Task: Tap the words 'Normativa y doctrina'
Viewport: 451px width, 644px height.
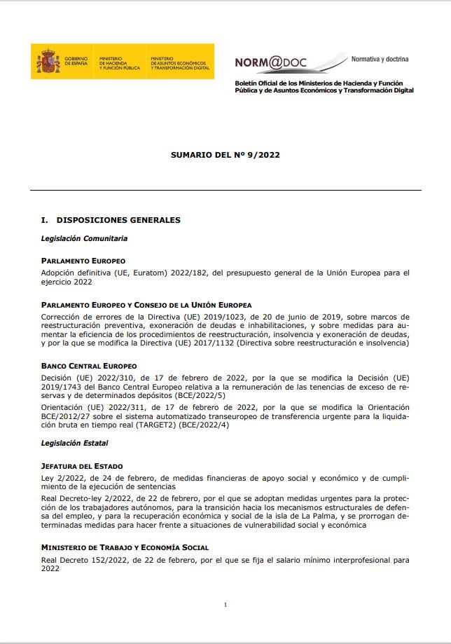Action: pos(380,59)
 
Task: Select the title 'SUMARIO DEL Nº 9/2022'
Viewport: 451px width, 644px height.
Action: pos(225,155)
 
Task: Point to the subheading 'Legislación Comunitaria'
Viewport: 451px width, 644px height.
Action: pos(84,238)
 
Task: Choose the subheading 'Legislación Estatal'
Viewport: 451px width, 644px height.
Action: pos(75,443)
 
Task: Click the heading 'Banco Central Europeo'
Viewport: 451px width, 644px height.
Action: pos(89,366)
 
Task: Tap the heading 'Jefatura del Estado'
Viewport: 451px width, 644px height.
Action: pos(82,466)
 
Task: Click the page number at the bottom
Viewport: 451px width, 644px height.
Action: pos(225,605)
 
